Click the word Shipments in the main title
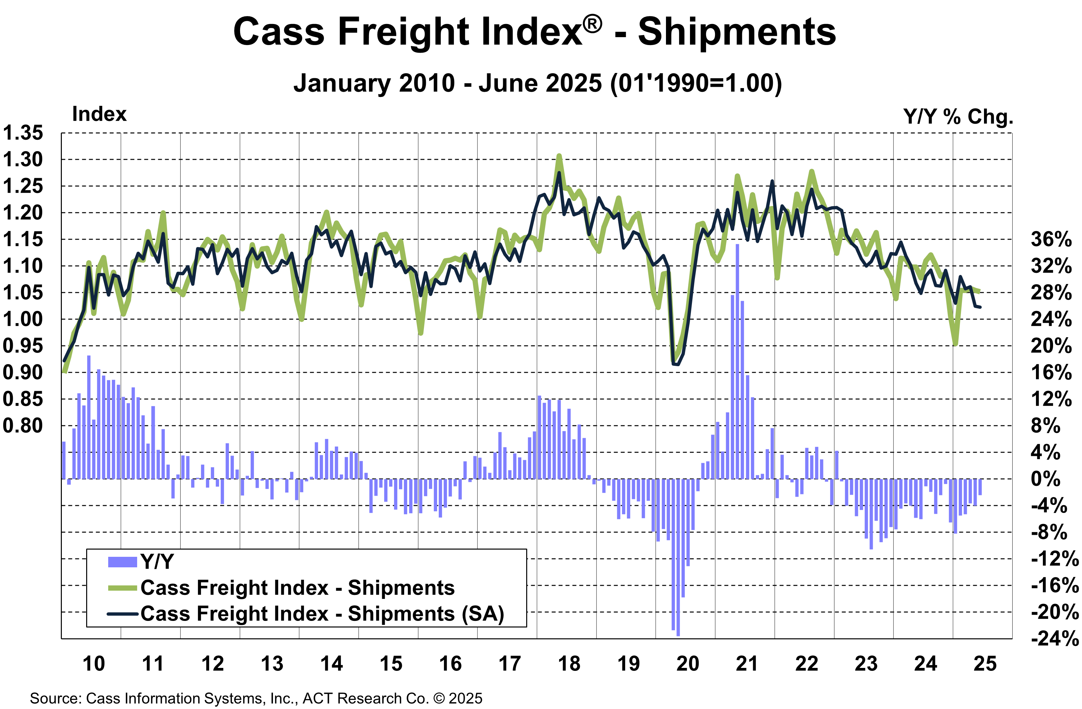coord(736,32)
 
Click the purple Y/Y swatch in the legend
coord(122,562)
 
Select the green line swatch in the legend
coord(122,588)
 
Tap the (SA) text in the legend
coord(483,614)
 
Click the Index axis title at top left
coord(99,114)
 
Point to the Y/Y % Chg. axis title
coord(958,117)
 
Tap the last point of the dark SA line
coord(980,307)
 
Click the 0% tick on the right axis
coord(1045,479)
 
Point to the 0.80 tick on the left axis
coord(23,426)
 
